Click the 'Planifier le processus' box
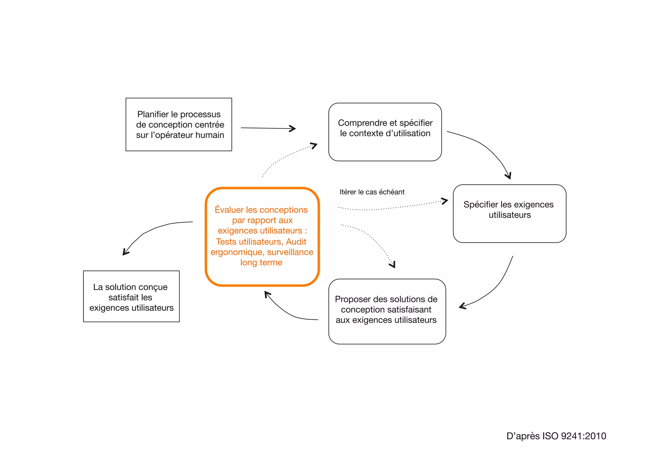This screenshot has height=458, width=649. pyautogui.click(x=179, y=124)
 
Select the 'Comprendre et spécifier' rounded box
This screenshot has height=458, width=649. pyautogui.click(x=385, y=132)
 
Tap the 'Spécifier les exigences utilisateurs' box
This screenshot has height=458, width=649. pyautogui.click(x=509, y=213)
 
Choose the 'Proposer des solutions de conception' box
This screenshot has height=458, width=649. pyautogui.click(x=387, y=311)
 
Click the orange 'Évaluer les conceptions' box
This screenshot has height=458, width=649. pyautogui.click(x=262, y=236)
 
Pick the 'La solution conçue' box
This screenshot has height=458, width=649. pyautogui.click(x=131, y=296)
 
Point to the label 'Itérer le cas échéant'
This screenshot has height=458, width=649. pyautogui.click(x=372, y=192)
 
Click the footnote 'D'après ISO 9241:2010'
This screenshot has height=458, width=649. pyautogui.click(x=556, y=436)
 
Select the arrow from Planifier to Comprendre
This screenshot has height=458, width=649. pyautogui.click(x=268, y=128)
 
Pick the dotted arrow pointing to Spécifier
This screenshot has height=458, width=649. pyautogui.click(x=393, y=208)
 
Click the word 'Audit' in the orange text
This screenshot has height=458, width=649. pyautogui.click(x=296, y=242)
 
